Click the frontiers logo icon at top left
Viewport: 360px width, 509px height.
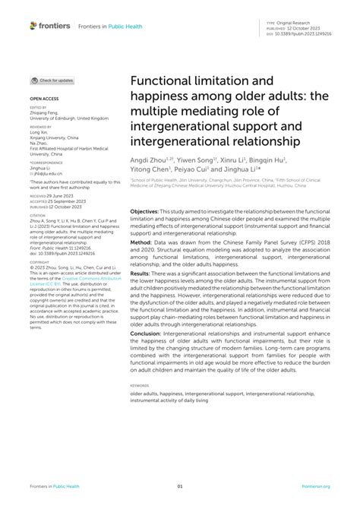click(x=33, y=26)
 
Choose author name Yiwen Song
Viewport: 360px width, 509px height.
click(x=196, y=161)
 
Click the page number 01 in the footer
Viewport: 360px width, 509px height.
click(x=180, y=486)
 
